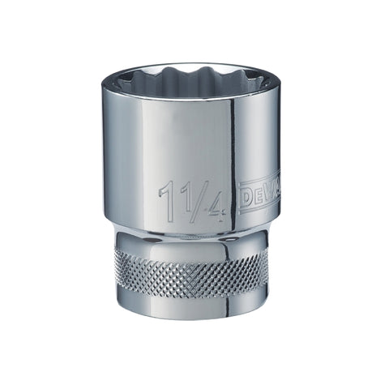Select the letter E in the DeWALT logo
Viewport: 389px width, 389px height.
pyautogui.click(x=259, y=196)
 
